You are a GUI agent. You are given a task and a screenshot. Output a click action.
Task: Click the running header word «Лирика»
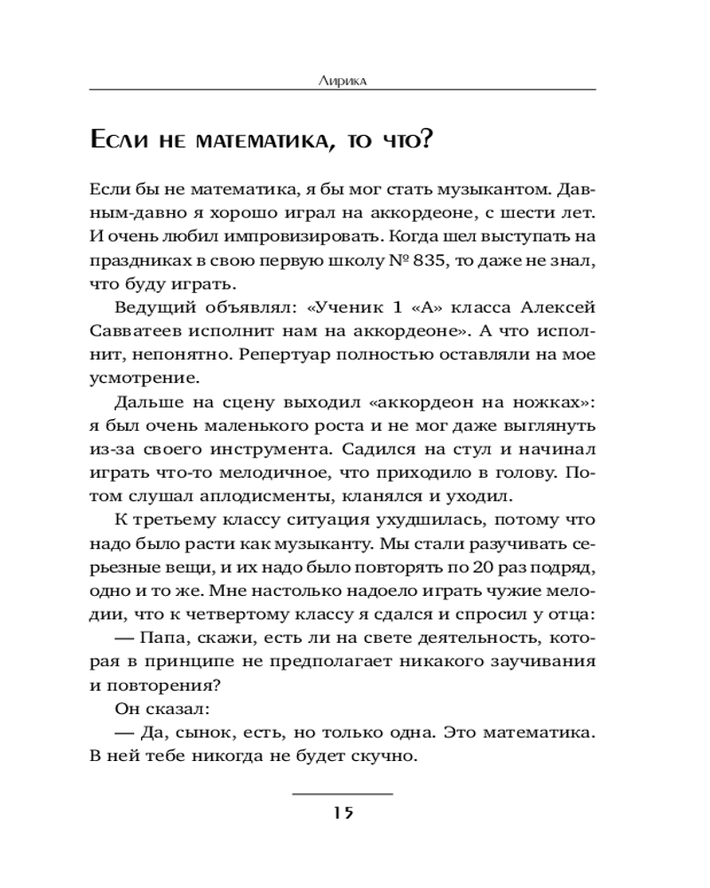[x=342, y=80]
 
